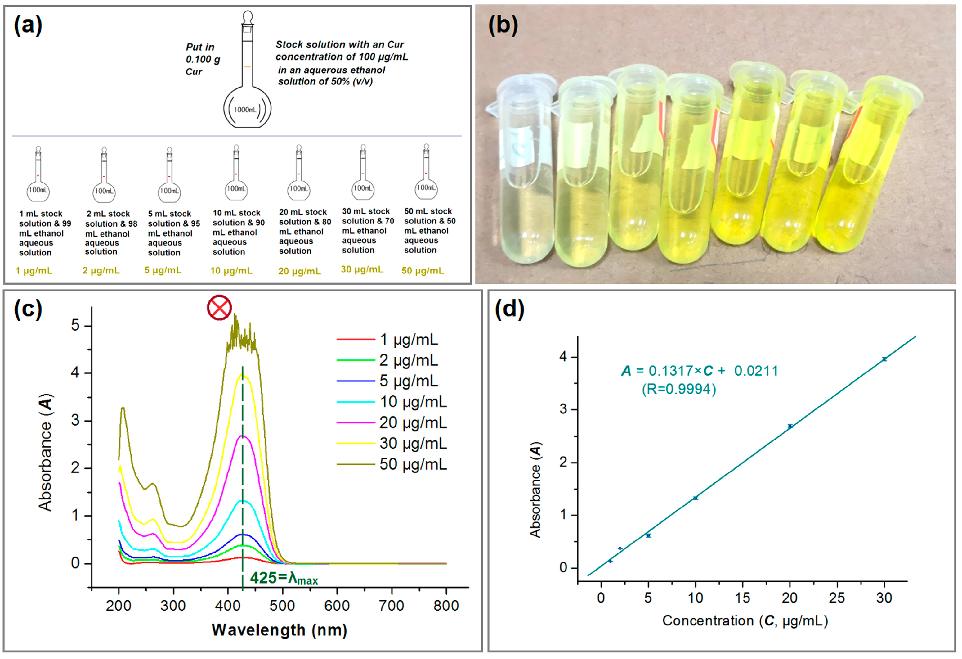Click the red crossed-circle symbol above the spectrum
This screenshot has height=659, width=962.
tap(219, 308)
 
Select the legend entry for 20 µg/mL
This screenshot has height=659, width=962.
tap(413, 423)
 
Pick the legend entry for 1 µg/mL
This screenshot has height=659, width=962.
tap(408, 340)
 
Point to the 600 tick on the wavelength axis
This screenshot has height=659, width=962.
tap(337, 606)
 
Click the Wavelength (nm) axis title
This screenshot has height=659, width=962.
tap(280, 630)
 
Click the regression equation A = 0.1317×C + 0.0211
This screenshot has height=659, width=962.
tap(700, 371)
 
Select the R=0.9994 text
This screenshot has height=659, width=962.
tap(679, 389)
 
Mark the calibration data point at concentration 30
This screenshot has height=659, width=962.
tap(884, 359)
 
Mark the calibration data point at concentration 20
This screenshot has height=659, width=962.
tap(790, 426)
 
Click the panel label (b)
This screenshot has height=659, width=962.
tap(503, 26)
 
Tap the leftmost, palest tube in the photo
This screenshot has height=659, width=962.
tap(524, 186)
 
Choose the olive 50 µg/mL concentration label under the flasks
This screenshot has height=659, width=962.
tap(423, 271)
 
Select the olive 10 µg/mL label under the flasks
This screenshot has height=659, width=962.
tap(231, 271)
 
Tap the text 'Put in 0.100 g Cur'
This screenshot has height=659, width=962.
tap(202, 59)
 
